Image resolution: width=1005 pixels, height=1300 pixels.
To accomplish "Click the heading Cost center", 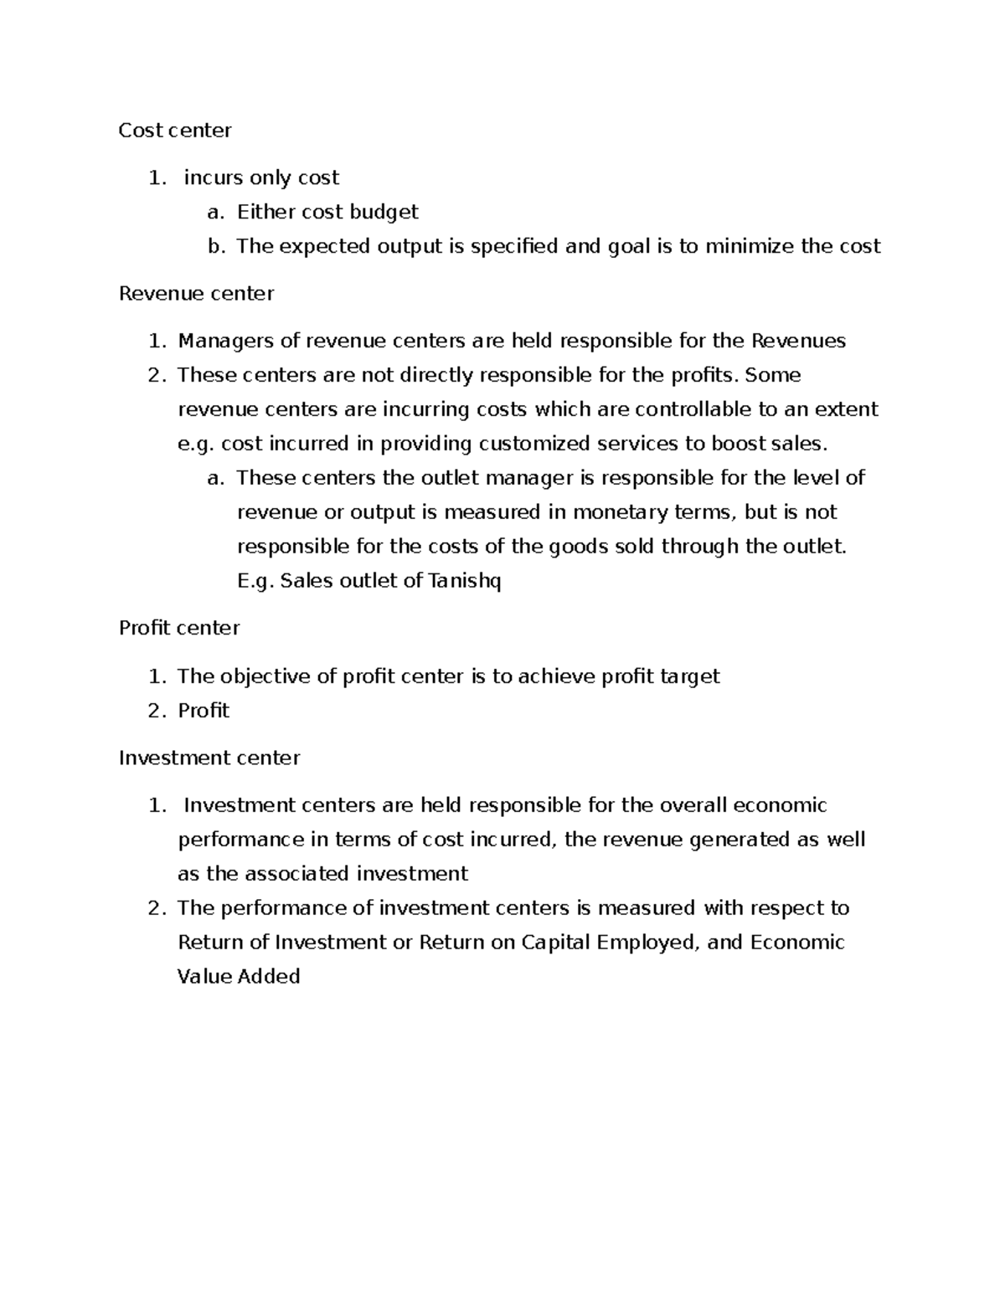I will tap(175, 130).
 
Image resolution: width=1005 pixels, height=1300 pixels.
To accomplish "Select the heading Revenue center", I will tap(196, 293).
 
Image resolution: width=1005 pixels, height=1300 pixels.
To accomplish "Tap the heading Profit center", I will tap(179, 628).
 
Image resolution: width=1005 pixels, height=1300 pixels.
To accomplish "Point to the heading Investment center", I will tap(209, 758).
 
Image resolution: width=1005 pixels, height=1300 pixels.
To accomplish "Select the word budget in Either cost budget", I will tap(384, 212).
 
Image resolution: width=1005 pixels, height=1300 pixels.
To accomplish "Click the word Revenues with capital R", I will tap(799, 341).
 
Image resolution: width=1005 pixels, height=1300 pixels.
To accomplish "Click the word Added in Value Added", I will tap(269, 977).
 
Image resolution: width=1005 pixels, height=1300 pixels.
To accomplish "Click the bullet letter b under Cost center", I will tap(217, 246).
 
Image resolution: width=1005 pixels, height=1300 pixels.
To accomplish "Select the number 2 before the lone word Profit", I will tap(154, 711).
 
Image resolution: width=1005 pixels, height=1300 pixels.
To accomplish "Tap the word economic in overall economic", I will tap(780, 805).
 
